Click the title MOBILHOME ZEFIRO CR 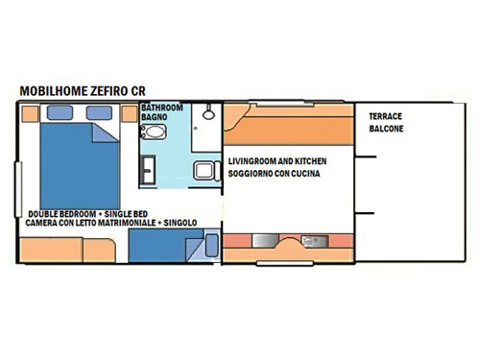[83, 91]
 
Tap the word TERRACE [385, 116]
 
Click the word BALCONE [386, 129]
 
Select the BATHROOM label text [162, 108]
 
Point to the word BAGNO [155, 117]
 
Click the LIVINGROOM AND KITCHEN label [277, 161]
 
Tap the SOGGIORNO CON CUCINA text [274, 174]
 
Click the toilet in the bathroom [154, 132]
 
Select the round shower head [208, 114]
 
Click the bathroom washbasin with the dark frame [148, 170]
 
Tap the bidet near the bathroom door [206, 171]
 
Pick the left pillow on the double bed [60, 112]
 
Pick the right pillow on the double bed [99, 112]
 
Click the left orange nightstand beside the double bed [31, 113]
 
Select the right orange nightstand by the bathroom [130, 113]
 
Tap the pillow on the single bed [211, 246]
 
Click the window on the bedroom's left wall [18, 189]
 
